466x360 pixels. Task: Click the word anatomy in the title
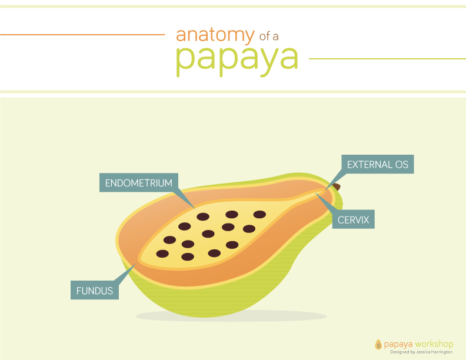coord(215,36)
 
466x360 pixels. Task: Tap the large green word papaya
coord(237,61)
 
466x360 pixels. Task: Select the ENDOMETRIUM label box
coord(139,183)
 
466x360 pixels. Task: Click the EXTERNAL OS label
coord(377,164)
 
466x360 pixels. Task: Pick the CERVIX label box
coord(354,219)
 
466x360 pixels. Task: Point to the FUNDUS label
coord(95,290)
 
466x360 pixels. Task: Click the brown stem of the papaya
coord(337,187)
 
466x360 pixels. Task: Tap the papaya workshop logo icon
coord(378,345)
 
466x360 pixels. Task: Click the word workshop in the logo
coord(434,344)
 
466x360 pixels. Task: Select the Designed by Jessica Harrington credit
coord(421,352)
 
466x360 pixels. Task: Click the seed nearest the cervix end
coord(259,215)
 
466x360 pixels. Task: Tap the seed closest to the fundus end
coord(162,254)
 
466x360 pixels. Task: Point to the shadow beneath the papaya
coord(231,316)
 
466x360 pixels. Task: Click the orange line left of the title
coord(82,35)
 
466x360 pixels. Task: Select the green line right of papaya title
coord(388,59)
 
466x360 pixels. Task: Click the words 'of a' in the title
coord(269,36)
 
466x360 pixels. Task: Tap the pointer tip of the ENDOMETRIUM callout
coord(195,208)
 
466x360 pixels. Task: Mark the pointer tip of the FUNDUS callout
coord(136,264)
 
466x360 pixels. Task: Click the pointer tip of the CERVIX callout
coord(315,193)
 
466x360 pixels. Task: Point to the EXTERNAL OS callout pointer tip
coord(325,189)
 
